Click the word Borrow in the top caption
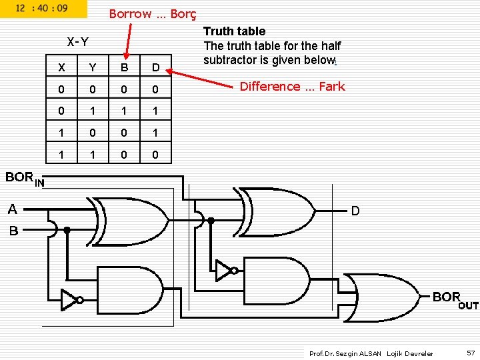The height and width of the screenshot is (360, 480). click(130, 14)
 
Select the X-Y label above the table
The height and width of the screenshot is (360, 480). click(78, 42)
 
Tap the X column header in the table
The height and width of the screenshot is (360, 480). click(62, 67)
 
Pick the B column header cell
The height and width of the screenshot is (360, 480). click(124, 67)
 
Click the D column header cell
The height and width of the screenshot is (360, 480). click(155, 67)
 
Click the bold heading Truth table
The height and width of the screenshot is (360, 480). click(234, 31)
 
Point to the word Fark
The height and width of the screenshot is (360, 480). click(331, 86)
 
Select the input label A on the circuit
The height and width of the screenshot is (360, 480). click(12, 209)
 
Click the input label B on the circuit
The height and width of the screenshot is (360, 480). click(13, 232)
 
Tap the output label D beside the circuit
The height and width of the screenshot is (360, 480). click(355, 211)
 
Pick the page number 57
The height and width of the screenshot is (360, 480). click(471, 353)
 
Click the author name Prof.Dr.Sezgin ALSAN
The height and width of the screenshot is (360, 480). click(346, 353)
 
